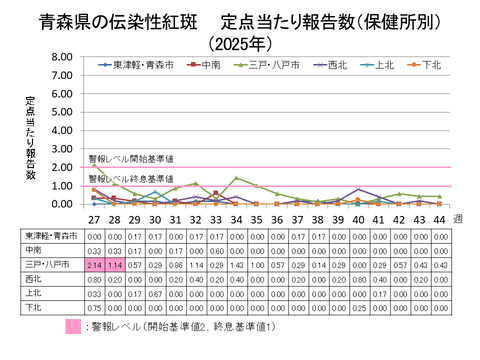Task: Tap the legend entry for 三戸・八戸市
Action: coord(266,66)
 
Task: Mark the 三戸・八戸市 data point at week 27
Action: coord(93,165)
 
